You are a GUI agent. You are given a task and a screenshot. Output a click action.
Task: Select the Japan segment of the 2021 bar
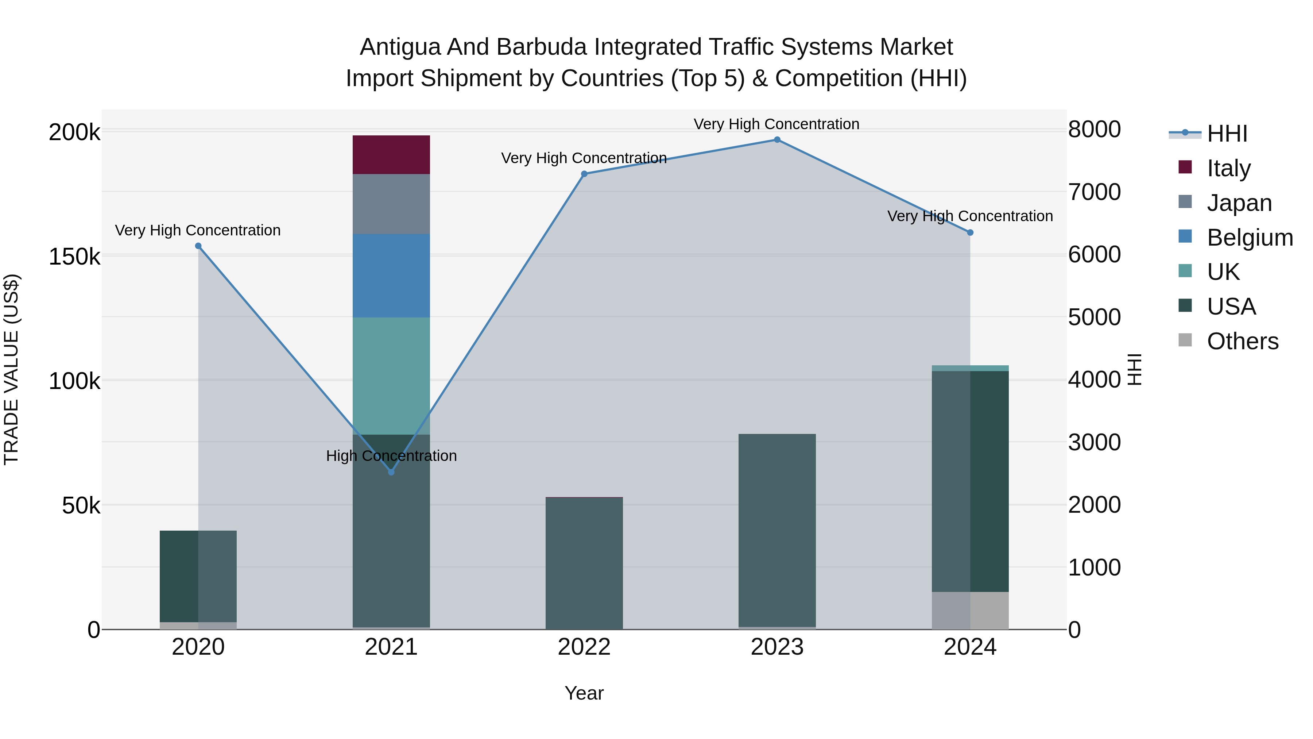point(391,204)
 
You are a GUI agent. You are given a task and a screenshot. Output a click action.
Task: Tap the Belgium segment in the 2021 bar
point(391,276)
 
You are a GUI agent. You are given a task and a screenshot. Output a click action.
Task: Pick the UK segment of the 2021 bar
point(391,376)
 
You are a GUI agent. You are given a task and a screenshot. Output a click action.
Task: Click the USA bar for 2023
point(777,530)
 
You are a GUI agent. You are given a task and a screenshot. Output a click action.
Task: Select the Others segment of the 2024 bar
point(970,611)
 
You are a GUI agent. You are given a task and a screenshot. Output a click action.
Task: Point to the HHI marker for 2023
point(777,140)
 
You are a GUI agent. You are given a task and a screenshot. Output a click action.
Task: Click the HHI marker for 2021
point(391,472)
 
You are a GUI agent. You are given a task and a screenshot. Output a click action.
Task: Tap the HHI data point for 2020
point(198,246)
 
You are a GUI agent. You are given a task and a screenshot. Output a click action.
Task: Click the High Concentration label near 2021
point(391,455)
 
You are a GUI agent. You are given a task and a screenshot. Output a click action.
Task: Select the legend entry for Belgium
point(1249,238)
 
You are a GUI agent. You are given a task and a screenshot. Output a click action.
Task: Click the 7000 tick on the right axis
point(1094,192)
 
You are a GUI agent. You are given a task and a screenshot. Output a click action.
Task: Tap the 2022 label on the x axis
point(584,647)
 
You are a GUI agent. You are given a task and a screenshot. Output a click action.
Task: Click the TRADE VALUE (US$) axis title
point(11,369)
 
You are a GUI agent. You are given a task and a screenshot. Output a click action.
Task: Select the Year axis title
point(584,693)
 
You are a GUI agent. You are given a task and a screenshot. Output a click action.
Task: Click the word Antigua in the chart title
point(399,47)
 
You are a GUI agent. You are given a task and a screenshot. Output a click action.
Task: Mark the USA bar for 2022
point(584,563)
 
